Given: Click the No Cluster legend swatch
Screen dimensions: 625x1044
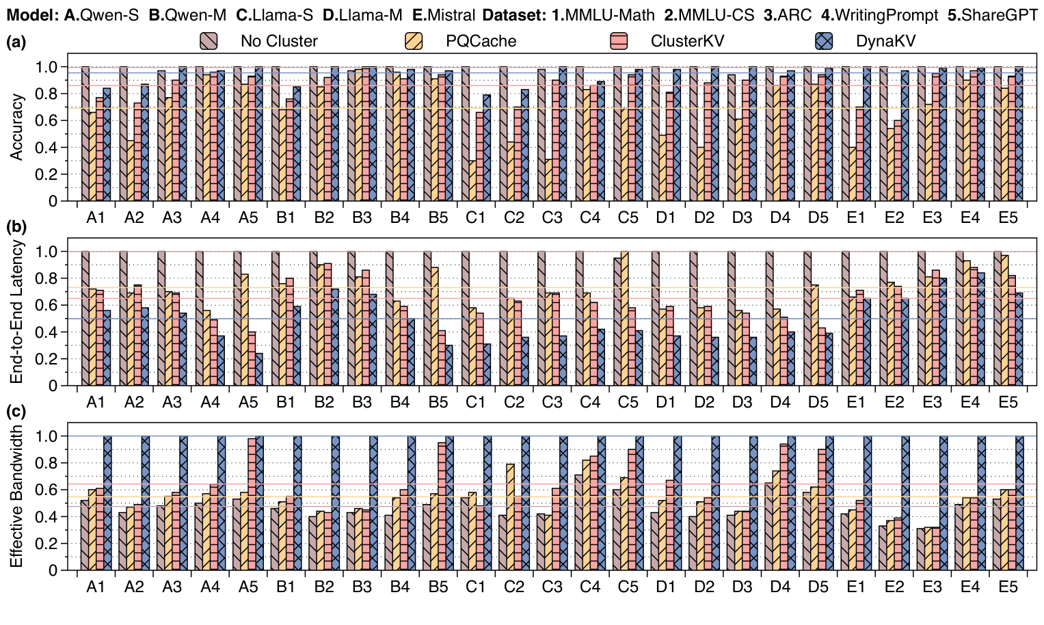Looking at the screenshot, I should pyautogui.click(x=209, y=42).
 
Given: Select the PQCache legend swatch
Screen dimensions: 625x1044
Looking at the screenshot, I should pyautogui.click(x=414, y=42).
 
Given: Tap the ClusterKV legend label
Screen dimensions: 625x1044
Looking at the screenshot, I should pyautogui.click(x=687, y=42).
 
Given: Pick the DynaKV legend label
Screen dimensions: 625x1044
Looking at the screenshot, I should pyautogui.click(x=885, y=42).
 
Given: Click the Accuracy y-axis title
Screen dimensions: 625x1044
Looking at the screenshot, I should pyautogui.click(x=16, y=127).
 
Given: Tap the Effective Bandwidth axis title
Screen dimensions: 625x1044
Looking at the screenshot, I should pyautogui.click(x=16, y=497).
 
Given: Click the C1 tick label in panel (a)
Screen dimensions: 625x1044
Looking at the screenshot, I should pyautogui.click(x=476, y=218).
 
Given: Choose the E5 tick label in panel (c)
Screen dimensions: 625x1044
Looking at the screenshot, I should pyautogui.click(x=1008, y=587).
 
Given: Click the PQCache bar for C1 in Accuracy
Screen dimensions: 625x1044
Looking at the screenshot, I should pyautogui.click(x=472, y=181).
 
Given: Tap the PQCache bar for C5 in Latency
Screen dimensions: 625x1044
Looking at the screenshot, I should pyautogui.click(x=624, y=319).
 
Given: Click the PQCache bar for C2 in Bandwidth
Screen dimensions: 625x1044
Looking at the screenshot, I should pyautogui.click(x=510, y=517).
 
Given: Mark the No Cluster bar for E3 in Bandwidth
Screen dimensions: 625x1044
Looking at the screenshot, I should pyautogui.click(x=920, y=549).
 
